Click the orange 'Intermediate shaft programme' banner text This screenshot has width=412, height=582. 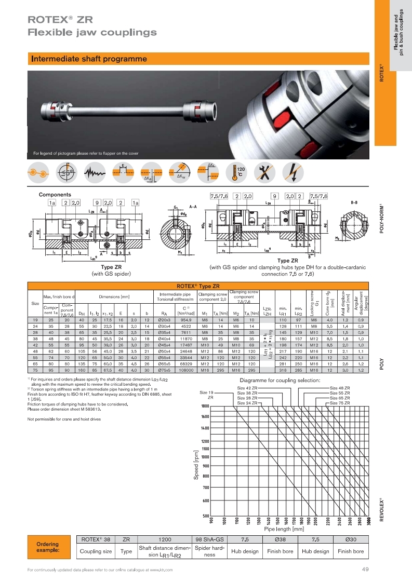coord(89,59)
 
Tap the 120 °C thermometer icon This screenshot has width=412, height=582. coord(240,173)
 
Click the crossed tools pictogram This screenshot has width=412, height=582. coord(267,173)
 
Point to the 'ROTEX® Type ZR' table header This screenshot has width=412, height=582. coord(198,286)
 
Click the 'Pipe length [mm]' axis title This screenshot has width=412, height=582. coord(284,529)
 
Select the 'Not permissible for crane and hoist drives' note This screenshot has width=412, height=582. coord(67,419)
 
